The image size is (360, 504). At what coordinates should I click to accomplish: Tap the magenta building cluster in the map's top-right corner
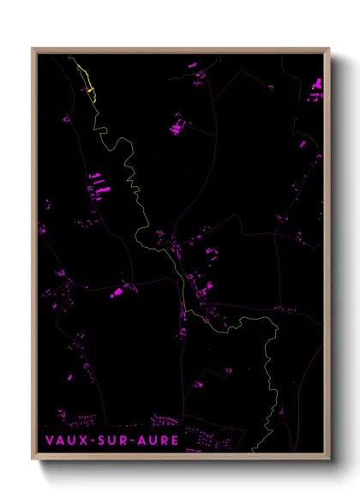315,84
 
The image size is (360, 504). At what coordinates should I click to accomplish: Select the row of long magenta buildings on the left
99,182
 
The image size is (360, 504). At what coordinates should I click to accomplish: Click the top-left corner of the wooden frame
33,49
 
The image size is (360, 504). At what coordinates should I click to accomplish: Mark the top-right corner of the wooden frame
329,49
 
